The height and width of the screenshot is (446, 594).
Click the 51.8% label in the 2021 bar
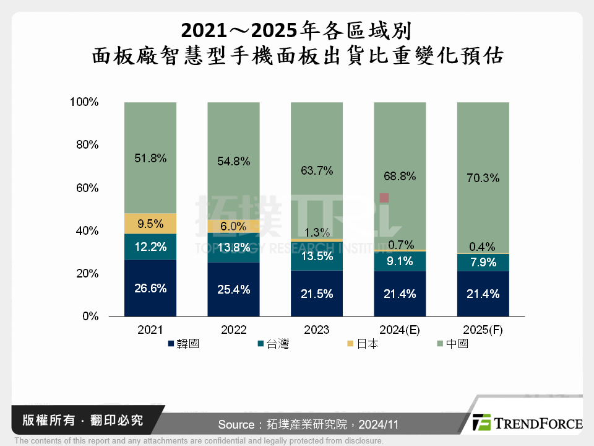pos(150,159)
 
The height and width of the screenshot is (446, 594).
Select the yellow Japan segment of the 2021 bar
pos(150,224)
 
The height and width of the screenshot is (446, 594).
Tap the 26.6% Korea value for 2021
pos(150,288)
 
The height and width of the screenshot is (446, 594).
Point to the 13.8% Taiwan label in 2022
pos(233,247)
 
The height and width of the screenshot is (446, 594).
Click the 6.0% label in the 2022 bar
pos(233,227)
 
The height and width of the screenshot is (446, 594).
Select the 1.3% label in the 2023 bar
pos(317,233)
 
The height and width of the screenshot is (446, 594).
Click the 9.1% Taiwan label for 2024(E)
pos(400,261)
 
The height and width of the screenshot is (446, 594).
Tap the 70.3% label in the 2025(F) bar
pos(483,178)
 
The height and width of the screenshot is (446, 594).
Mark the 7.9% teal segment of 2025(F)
pos(483,262)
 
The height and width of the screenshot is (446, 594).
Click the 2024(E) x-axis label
pos(400,330)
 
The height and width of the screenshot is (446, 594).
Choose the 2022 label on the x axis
pos(233,330)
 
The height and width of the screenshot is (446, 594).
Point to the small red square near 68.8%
pos(384,198)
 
